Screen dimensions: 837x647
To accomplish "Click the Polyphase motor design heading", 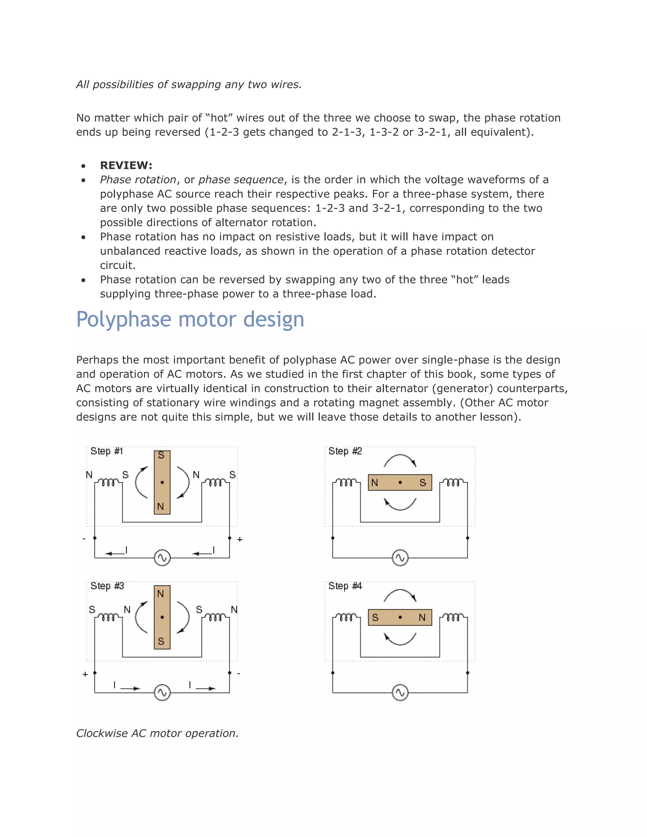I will pyautogui.click(x=190, y=319).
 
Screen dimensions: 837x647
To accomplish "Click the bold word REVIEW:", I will pyautogui.click(x=126, y=166).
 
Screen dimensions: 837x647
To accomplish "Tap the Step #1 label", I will pyautogui.click(x=106, y=451).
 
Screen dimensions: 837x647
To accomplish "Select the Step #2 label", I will pyautogui.click(x=345, y=451).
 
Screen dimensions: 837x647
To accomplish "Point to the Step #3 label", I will pyautogui.click(x=107, y=586).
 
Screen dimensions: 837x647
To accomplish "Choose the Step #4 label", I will pyautogui.click(x=345, y=586).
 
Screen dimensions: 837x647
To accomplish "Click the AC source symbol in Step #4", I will pyautogui.click(x=400, y=693).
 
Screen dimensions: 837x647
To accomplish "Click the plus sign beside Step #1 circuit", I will pyautogui.click(x=240, y=539).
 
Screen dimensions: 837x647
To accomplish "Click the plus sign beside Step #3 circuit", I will pyautogui.click(x=85, y=674).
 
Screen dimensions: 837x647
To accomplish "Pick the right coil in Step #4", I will pyautogui.click(x=453, y=617).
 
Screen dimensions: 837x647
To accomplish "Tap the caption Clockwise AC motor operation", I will pyautogui.click(x=157, y=733).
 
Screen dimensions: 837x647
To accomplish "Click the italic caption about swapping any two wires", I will pyautogui.click(x=189, y=84).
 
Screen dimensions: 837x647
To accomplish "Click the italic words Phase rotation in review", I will pyautogui.click(x=138, y=180).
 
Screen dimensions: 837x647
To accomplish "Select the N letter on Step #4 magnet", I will pyautogui.click(x=422, y=617).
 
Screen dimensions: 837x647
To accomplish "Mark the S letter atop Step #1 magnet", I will pyautogui.click(x=161, y=455).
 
